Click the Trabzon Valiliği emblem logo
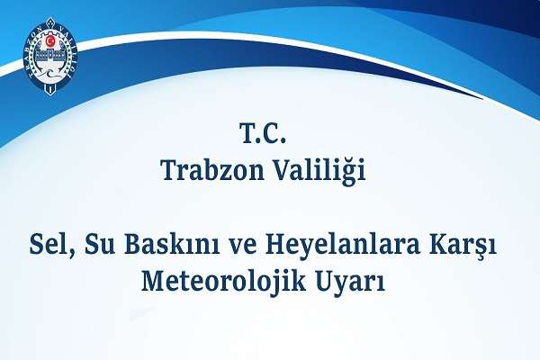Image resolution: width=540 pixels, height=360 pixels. (50, 56)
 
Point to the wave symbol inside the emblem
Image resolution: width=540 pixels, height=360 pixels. (50, 73)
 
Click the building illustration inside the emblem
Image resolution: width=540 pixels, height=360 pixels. (50, 55)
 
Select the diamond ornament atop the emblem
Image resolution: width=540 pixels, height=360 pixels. (50, 20)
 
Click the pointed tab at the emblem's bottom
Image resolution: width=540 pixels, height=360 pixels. (50, 90)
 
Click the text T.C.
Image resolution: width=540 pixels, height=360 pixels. (263, 133)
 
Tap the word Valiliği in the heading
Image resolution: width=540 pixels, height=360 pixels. (319, 171)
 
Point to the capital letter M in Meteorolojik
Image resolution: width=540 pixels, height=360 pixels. (153, 282)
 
